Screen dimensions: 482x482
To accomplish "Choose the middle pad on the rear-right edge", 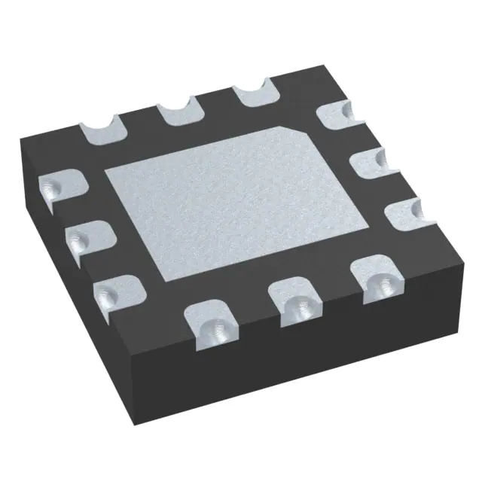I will click(368, 162).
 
